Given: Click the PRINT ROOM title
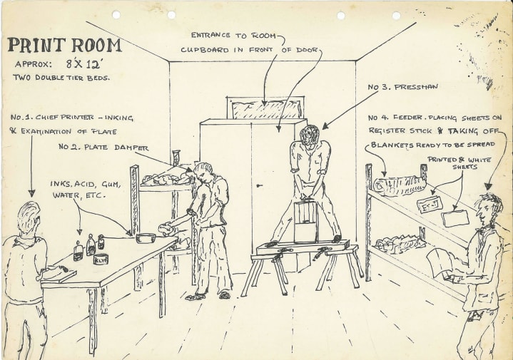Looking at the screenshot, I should pyautogui.click(x=64, y=46).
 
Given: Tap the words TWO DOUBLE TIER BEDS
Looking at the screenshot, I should pyautogui.click(x=61, y=78).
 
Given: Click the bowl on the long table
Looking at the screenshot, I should pyautogui.click(x=146, y=237).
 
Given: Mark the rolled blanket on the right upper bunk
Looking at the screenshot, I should pyautogui.click(x=400, y=185).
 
